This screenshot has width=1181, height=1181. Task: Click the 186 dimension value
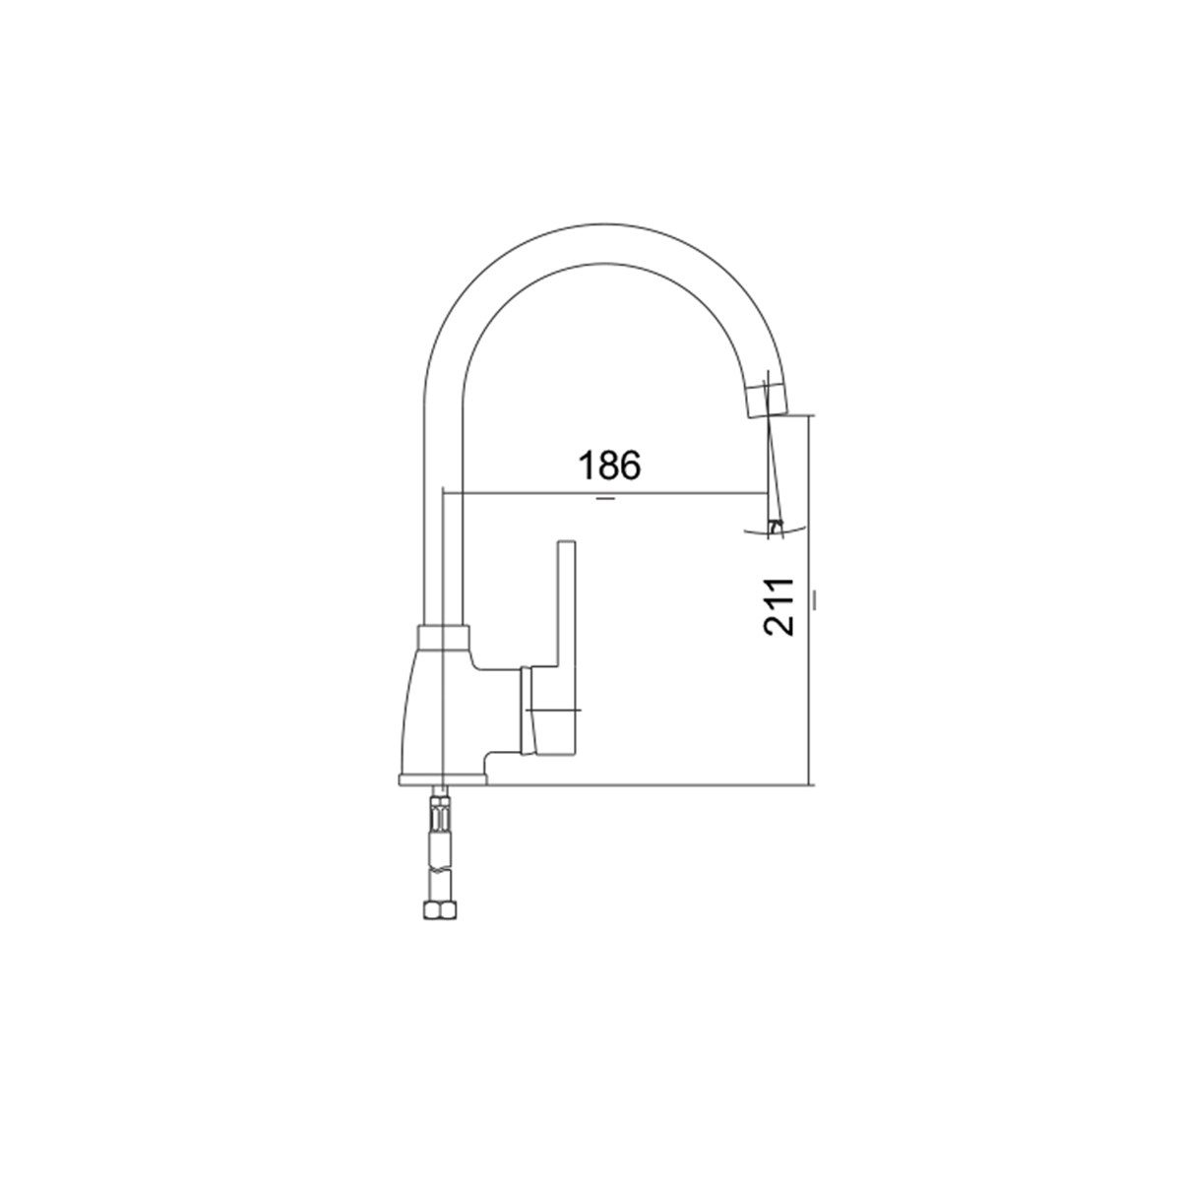pos(610,466)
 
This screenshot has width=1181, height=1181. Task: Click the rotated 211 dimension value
pos(778,607)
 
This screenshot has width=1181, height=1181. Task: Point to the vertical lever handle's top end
pos(566,541)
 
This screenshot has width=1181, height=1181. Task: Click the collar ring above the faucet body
pos(444,637)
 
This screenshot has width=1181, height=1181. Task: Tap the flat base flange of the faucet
pos(442,778)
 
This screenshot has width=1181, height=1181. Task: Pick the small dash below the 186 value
pos(605,499)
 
